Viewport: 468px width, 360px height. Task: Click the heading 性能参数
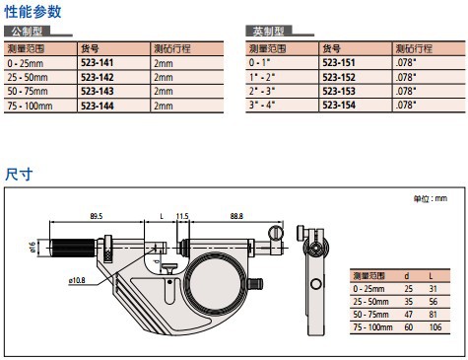pyautogui.click(x=33, y=12)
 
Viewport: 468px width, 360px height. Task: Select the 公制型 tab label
pyautogui.click(x=27, y=32)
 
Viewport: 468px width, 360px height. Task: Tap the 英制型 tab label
pyautogui.click(x=268, y=32)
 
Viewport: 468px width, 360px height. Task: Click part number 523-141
pyautogui.click(x=97, y=63)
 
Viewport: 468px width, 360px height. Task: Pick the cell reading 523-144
pyautogui.click(x=98, y=106)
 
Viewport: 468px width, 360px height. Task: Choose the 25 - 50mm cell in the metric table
pyautogui.click(x=28, y=77)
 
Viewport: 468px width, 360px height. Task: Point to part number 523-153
pyautogui.click(x=339, y=91)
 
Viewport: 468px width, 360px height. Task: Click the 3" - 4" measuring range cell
pyautogui.click(x=262, y=106)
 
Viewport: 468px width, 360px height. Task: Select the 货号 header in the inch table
pyautogui.click(x=331, y=49)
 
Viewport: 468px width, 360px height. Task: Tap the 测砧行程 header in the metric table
pyautogui.click(x=172, y=49)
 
